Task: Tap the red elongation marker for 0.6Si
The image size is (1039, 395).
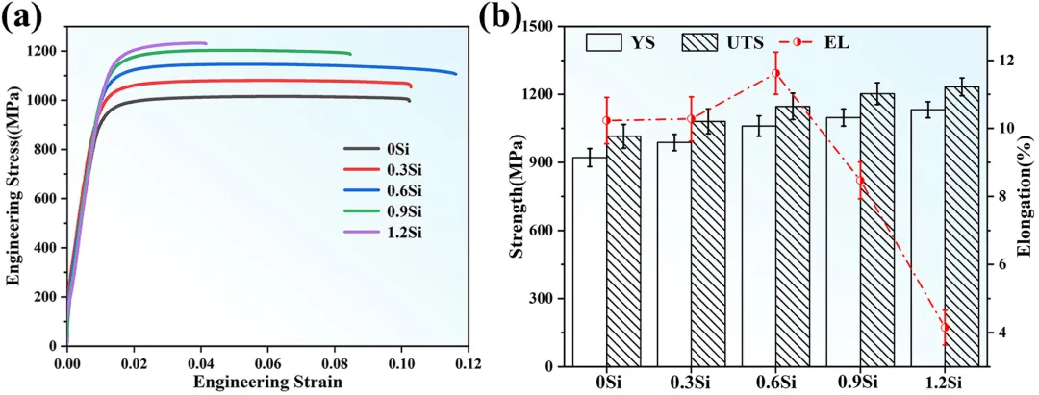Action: pos(775,73)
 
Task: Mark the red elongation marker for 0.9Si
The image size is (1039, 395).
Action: pos(860,181)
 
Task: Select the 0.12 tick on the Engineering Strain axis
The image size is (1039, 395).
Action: pos(468,365)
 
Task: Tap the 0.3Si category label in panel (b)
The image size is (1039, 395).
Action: pos(691,382)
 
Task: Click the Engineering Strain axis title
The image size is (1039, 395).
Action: pos(267,383)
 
